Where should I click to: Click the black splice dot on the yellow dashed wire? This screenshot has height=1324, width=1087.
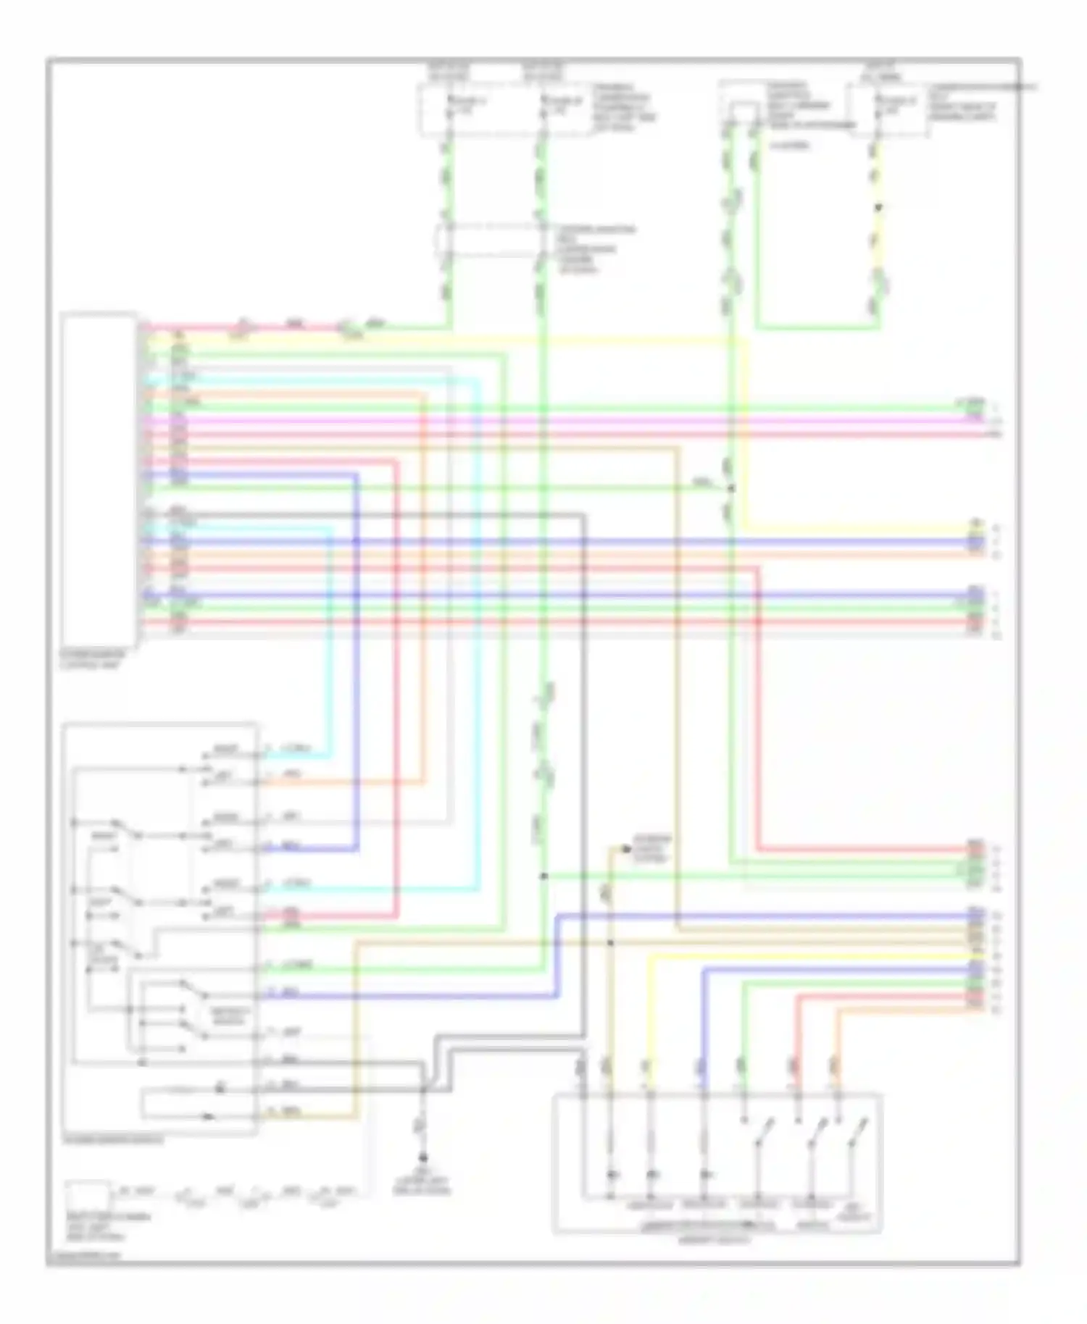pyautogui.click(x=878, y=208)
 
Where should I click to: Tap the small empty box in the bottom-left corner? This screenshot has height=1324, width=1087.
pyautogui.click(x=87, y=1195)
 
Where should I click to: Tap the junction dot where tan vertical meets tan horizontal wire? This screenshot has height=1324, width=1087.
pyautogui.click(x=609, y=942)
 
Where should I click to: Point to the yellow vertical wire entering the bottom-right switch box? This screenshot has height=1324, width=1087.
pyautogui.click(x=649, y=1028)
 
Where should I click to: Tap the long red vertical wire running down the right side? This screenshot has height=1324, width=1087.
pyautogui.click(x=758, y=710)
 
